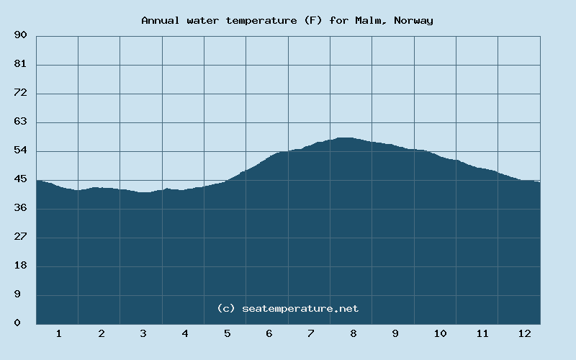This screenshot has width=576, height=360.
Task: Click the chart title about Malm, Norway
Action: (287, 20)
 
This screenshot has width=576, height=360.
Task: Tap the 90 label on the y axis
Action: (20, 35)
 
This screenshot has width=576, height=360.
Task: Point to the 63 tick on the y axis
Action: (20, 122)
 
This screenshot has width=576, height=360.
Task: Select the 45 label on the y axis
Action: (20, 179)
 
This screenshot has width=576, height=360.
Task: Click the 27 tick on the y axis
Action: (20, 237)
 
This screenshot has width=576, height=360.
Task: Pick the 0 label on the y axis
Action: (17, 323)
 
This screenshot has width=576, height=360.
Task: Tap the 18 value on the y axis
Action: (20, 266)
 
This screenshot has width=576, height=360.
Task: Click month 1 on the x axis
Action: (59, 333)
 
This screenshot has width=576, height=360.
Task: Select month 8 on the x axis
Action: (353, 333)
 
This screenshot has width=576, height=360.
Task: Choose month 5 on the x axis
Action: (227, 333)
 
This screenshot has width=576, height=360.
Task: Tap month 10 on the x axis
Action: (440, 333)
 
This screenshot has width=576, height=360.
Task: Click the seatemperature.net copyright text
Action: (287, 308)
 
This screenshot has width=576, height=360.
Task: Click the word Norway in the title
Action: (415, 20)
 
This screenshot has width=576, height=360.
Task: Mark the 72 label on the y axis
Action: (20, 93)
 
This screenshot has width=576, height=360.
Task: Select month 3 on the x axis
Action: (143, 333)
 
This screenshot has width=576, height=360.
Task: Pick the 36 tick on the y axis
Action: (20, 208)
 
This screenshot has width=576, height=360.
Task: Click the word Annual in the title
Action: (161, 20)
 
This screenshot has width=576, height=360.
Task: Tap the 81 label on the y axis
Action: (20, 64)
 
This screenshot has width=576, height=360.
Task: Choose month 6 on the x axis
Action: (269, 333)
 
